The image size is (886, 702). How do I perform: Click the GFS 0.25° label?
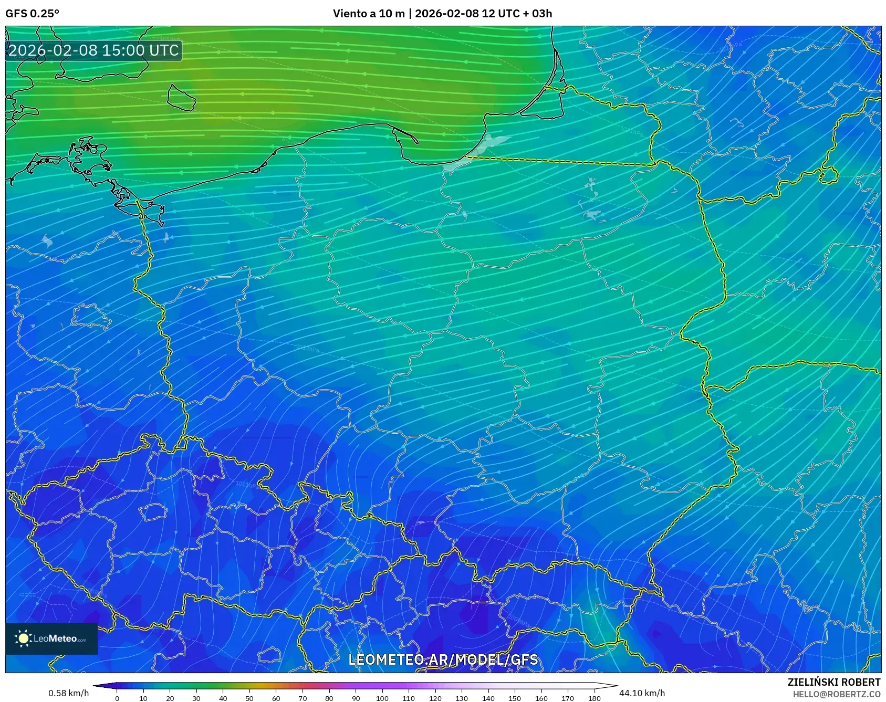[x=32, y=14]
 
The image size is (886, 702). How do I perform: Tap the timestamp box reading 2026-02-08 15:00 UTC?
[x=93, y=50]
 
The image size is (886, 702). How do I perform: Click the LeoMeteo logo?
[x=51, y=638]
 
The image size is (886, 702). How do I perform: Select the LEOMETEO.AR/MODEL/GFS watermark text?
[x=443, y=659]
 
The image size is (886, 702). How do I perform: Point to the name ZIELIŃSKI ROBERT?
[x=833, y=682]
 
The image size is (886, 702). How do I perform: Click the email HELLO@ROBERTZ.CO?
[x=836, y=694]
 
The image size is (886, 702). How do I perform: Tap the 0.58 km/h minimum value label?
[x=68, y=693]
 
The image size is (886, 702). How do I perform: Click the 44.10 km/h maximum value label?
[x=642, y=693]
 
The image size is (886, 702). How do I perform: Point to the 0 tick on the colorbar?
[x=117, y=698]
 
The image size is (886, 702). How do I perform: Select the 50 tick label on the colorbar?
[x=249, y=698]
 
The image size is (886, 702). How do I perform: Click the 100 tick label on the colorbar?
[x=382, y=698]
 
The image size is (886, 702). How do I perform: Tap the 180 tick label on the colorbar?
[x=594, y=698]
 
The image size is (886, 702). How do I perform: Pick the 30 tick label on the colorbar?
[x=196, y=698]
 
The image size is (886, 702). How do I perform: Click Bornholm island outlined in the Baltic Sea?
[x=181, y=98]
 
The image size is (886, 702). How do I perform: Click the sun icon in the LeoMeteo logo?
[x=23, y=638]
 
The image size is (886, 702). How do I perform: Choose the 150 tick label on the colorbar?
[x=515, y=698]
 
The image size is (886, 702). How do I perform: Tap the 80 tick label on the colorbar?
[x=329, y=698]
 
